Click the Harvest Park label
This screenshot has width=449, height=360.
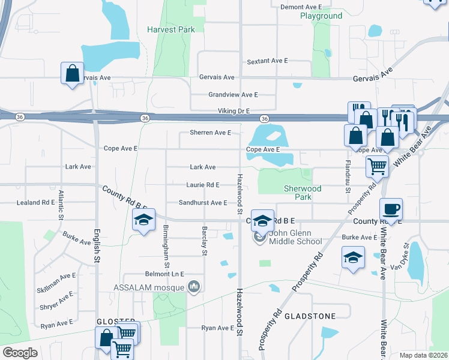click(171, 29)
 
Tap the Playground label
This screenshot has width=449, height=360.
click(321, 16)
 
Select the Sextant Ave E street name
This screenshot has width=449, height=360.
click(268, 61)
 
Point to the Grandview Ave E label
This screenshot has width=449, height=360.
click(233, 95)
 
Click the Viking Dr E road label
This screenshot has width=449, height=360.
click(234, 111)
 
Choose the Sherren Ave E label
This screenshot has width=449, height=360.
click(211, 133)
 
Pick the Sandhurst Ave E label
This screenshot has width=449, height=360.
click(203, 203)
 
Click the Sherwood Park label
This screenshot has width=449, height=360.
click(303, 193)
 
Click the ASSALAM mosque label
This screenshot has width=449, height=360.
click(149, 287)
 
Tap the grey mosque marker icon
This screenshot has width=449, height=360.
click(193, 287)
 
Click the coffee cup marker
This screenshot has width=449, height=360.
click(391, 209)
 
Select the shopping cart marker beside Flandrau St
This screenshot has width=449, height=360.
click(377, 166)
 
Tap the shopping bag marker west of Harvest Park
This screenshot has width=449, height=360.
click(72, 74)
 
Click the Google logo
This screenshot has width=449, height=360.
click(20, 352)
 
